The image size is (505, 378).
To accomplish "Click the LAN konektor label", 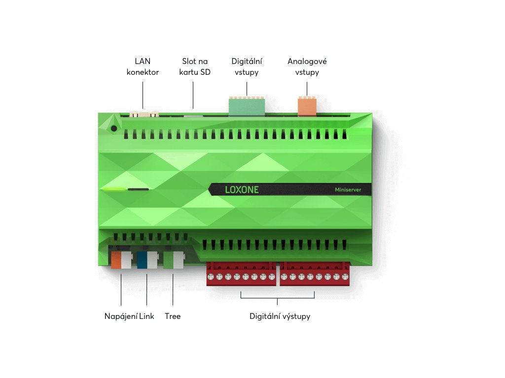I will [x=143, y=67].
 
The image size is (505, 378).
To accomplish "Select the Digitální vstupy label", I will [x=247, y=67].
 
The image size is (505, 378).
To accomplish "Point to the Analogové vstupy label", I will [x=307, y=67].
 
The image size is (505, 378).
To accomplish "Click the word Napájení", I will [x=121, y=316].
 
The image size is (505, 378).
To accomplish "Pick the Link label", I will [x=147, y=316].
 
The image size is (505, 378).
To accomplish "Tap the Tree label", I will [x=173, y=316].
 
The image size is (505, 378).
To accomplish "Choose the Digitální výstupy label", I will [x=280, y=316].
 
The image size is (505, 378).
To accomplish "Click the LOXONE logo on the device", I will [x=242, y=189].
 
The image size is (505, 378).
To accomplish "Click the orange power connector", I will [x=117, y=259].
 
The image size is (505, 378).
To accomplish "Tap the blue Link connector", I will [x=143, y=259].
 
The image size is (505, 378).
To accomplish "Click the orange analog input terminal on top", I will [x=307, y=106].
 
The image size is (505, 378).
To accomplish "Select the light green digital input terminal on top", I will [x=247, y=106].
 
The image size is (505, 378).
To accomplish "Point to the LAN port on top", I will [x=143, y=115].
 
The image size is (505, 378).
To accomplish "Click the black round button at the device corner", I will [x=114, y=128].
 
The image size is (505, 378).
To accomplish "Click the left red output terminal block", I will [x=241, y=274].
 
